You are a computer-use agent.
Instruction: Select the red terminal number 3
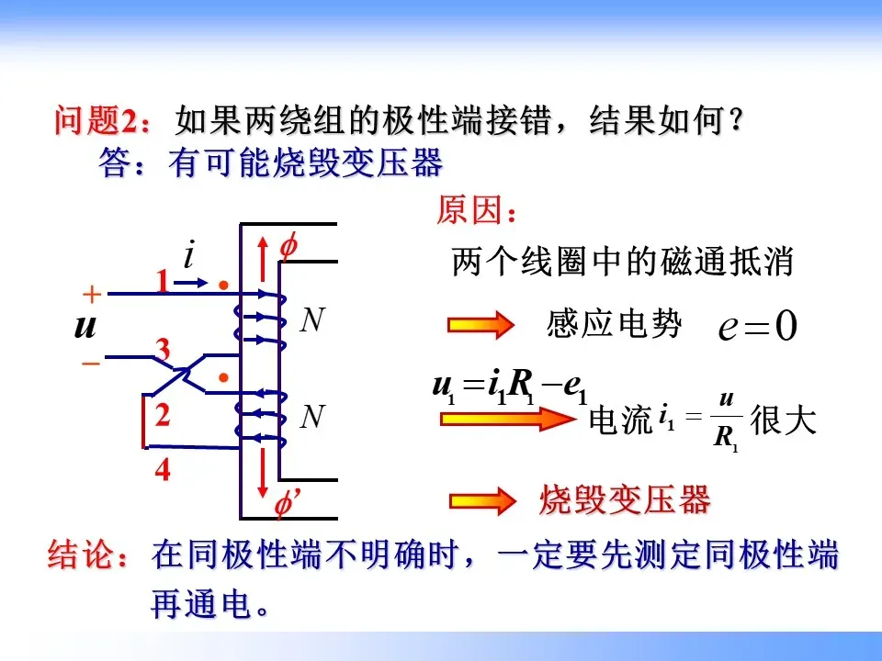tap(164, 351)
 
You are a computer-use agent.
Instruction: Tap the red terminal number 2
tap(163, 415)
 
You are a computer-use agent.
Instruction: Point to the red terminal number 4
tap(163, 471)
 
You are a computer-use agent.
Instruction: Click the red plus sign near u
tap(91, 295)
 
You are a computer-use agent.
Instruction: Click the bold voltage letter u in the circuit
tap(85, 327)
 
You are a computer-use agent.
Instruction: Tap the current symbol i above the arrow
tap(189, 254)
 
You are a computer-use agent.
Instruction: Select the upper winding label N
tap(313, 320)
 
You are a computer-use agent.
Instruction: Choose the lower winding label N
tap(313, 418)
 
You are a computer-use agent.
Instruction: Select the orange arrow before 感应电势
tap(478, 325)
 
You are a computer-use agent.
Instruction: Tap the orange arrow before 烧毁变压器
tap(478, 501)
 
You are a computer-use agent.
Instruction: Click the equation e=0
tap(758, 327)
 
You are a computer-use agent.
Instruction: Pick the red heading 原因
tap(477, 212)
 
